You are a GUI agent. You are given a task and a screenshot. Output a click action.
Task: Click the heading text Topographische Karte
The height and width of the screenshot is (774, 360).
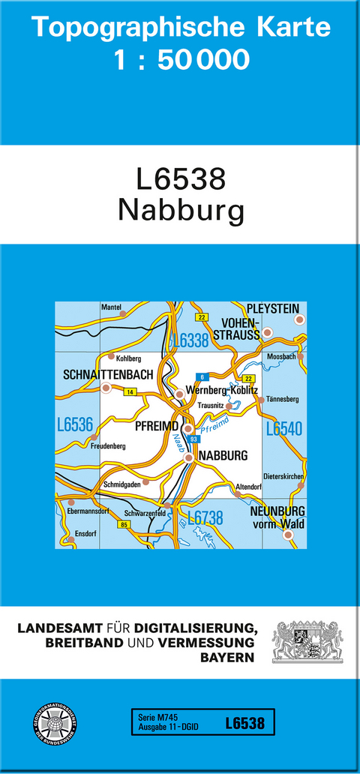pyautogui.click(x=181, y=27)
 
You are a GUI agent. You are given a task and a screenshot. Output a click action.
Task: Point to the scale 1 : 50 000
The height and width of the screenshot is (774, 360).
pyautogui.click(x=181, y=60)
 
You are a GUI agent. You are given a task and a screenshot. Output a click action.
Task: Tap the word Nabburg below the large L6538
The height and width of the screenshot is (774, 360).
pyautogui.click(x=181, y=211)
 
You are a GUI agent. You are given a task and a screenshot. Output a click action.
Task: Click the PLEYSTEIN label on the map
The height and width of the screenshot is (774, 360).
pyautogui.click(x=272, y=308)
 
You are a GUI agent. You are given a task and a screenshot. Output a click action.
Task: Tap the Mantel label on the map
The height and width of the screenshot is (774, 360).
pyautogui.click(x=110, y=307)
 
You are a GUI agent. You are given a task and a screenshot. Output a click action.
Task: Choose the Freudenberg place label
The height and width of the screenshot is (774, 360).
pyautogui.click(x=107, y=445)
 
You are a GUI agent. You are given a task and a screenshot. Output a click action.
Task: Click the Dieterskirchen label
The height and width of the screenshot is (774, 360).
pyautogui.click(x=283, y=476)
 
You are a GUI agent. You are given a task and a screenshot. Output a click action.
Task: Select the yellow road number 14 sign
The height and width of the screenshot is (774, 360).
pyautogui.click(x=130, y=392)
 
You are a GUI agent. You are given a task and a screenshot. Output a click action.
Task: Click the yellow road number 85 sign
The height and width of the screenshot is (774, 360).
pyautogui.click(x=123, y=524)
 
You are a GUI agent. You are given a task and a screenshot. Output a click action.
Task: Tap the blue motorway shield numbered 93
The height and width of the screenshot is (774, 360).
pyautogui.click(x=193, y=439)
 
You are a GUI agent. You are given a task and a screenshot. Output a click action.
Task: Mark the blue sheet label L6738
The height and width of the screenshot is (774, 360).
pyautogui.click(x=205, y=517)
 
